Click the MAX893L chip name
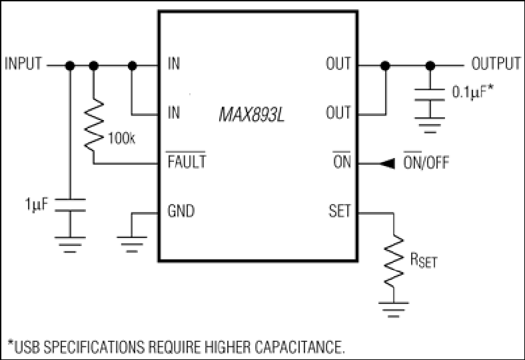point(251,115)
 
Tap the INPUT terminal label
point(23,63)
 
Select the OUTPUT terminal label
point(496,63)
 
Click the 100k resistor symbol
point(94,125)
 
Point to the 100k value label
point(121,138)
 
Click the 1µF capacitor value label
point(37,204)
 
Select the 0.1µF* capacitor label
point(473,92)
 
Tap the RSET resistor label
point(424,260)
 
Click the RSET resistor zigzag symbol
point(394,261)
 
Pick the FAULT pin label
point(187,161)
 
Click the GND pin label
point(181,211)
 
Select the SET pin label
point(340,211)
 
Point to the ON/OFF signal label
point(426,162)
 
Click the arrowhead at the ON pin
point(387,164)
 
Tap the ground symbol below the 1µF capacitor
point(70,244)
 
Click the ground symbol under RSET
point(394,309)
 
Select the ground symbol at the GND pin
point(132,244)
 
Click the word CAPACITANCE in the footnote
point(299,347)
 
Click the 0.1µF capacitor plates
point(430,95)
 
